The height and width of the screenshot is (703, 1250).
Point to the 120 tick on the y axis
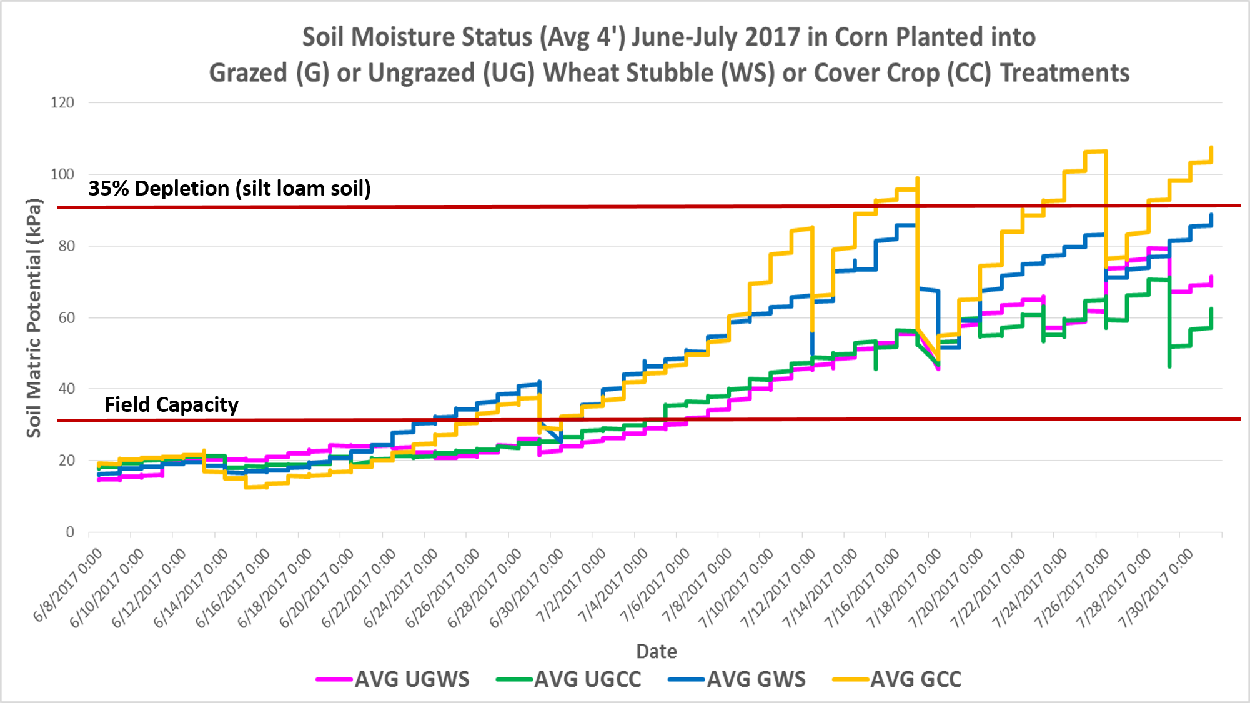[x=62, y=102]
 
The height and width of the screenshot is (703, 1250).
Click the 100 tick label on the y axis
[x=62, y=174]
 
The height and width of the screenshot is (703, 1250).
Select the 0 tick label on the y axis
[x=70, y=532]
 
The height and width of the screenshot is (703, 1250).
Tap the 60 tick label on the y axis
[x=66, y=317]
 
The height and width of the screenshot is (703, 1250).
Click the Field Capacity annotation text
[x=171, y=404]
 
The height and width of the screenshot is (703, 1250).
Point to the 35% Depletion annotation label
[x=229, y=188]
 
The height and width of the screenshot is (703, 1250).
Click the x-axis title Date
[x=656, y=651]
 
